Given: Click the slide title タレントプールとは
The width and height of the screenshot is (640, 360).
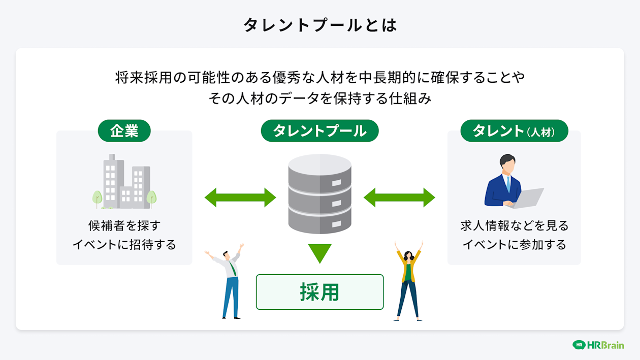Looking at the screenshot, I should [319, 25].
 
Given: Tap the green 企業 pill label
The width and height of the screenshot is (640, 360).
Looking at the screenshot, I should [124, 130].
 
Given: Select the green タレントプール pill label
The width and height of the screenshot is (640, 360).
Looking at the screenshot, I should [319, 130].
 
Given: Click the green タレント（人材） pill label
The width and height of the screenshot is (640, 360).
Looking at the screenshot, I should [514, 131].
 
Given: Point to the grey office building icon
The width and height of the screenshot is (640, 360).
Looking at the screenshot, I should [126, 182].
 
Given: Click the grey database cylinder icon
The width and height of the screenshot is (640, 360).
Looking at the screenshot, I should [319, 193].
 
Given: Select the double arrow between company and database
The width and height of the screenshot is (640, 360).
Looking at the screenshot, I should [240, 197].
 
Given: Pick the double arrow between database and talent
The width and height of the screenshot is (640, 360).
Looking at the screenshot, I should [399, 197].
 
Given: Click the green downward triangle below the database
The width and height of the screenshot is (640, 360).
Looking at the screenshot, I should [319, 252].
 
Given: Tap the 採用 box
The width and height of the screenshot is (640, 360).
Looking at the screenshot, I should [319, 292].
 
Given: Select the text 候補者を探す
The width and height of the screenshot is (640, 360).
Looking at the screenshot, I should [124, 225].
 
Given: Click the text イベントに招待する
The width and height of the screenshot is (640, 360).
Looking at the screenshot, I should [124, 245].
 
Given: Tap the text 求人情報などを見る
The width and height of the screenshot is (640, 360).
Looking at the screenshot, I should [514, 225].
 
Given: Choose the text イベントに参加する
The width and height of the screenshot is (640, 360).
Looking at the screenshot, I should [514, 245].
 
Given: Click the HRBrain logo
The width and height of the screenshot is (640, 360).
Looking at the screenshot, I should [598, 345].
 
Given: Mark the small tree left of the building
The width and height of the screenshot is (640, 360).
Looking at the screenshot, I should [97, 198].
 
